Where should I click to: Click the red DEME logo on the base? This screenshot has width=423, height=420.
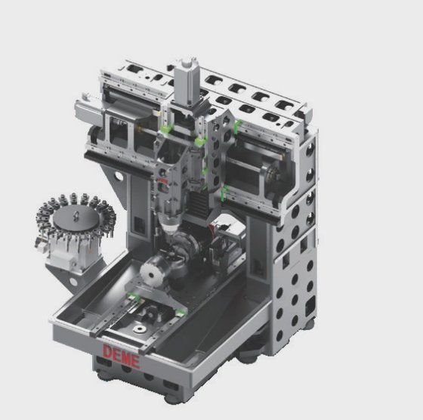tap(122, 356)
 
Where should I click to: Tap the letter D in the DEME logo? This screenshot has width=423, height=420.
tap(107, 351)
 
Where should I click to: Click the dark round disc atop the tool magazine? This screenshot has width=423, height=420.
tap(76, 218)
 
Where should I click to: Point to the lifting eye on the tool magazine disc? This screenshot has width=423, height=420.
tap(76, 215)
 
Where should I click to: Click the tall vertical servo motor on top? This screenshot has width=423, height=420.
tap(186, 82)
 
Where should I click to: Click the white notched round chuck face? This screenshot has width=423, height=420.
tap(151, 270)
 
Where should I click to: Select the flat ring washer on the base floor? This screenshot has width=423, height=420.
tap(140, 329)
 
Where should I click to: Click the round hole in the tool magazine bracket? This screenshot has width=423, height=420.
tap(73, 282)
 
